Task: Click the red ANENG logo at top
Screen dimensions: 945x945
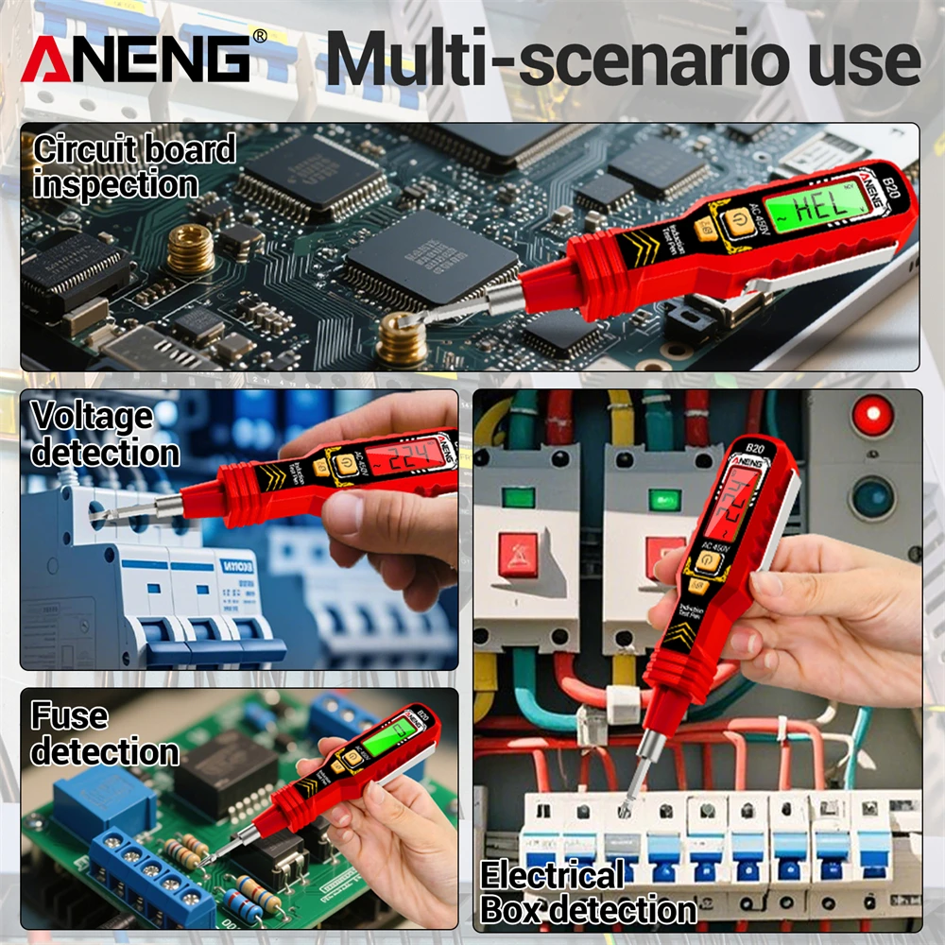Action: point(136,59)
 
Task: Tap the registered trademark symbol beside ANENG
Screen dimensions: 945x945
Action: point(260,37)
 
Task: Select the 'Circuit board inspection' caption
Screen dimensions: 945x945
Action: point(133,166)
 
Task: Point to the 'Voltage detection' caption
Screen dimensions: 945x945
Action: point(104,434)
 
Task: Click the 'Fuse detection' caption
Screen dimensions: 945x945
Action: point(104,733)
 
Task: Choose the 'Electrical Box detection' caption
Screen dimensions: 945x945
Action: point(588,892)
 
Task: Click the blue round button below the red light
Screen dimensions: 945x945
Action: point(873,497)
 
